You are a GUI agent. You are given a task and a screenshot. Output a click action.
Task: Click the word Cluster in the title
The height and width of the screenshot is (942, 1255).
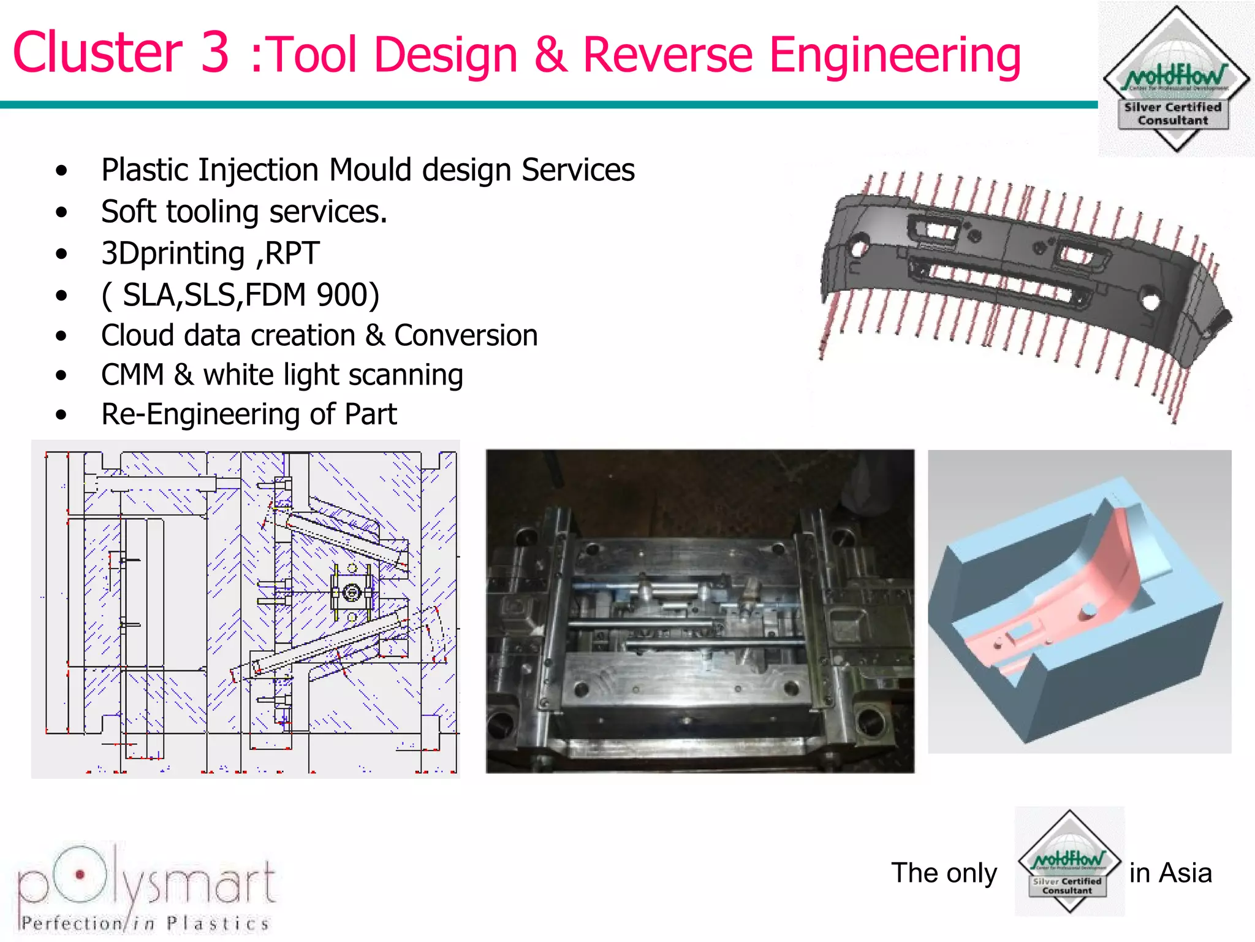[x=97, y=53]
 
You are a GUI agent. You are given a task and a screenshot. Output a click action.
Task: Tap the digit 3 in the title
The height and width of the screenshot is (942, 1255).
[x=214, y=53]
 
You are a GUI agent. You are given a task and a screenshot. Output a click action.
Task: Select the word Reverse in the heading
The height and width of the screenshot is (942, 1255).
[x=667, y=55]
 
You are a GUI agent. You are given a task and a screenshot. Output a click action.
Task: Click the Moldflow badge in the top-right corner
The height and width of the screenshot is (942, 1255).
[x=1176, y=78]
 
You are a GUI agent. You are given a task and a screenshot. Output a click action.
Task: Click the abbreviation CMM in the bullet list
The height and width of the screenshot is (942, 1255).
[x=132, y=375]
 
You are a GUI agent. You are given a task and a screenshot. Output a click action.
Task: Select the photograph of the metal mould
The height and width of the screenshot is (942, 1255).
[x=700, y=611]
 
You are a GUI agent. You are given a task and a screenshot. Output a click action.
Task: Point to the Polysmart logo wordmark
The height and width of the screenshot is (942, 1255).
[x=147, y=880]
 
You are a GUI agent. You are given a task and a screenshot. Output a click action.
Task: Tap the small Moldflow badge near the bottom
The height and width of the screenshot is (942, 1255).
[x=1069, y=861]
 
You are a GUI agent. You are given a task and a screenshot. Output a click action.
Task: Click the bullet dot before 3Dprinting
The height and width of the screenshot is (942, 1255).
[x=61, y=254]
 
